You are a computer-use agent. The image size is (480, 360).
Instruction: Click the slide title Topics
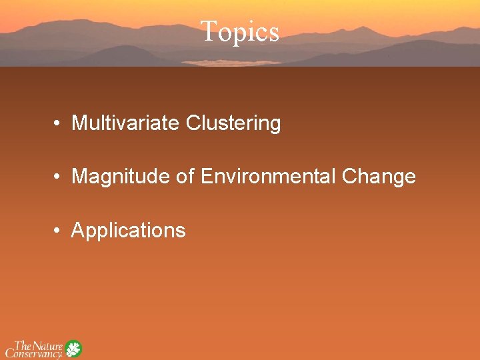[239, 31]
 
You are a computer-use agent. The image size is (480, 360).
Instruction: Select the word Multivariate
[126, 123]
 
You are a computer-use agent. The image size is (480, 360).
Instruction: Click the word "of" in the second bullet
[185, 177]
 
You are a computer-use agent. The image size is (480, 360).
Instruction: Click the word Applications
[128, 231]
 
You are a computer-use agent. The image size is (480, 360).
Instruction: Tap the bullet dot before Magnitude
[59, 177]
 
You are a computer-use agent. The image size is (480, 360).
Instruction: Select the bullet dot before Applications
[59, 231]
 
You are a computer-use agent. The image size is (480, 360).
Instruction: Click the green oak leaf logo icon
[73, 349]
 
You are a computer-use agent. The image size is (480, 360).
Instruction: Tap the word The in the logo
[23, 345]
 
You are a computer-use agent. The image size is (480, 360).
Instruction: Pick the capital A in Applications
[77, 231]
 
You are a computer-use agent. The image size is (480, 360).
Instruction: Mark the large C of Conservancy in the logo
[11, 352]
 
